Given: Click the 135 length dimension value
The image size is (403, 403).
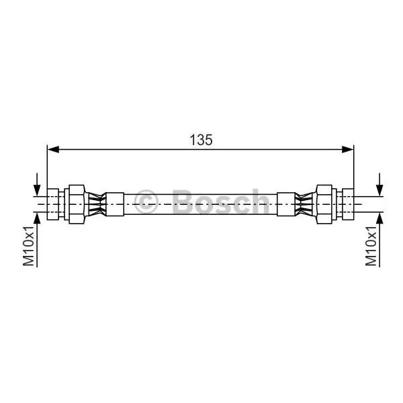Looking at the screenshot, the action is tap(201, 140).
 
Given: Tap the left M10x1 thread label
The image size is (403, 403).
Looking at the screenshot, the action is tap(28, 246).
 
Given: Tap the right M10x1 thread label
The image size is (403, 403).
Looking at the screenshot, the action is tap(371, 246).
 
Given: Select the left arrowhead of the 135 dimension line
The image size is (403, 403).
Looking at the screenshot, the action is tap(53, 149).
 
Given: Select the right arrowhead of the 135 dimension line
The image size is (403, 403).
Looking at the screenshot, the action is tap(348, 149).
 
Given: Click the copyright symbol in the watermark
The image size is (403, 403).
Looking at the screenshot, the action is tap(146, 201).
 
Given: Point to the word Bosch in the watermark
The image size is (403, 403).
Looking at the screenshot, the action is tap(221, 201).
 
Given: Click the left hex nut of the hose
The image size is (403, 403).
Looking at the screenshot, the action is tap(77, 204).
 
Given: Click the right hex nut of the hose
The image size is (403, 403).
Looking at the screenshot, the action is tap(324, 204).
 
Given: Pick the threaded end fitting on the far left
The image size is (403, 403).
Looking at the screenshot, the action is tap(53, 204).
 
